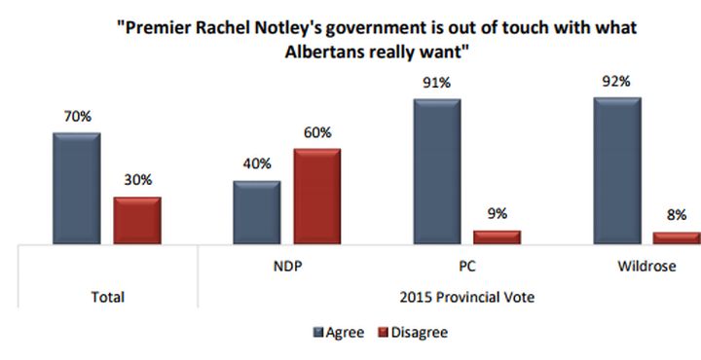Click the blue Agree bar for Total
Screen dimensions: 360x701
77,187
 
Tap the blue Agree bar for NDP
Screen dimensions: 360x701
257,211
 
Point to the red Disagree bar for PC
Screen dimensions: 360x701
498,235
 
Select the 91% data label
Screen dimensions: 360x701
437,85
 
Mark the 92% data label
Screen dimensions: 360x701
617,83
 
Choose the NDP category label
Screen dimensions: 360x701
286,264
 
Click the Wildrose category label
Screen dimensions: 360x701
647,264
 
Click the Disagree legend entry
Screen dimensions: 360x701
413,333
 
